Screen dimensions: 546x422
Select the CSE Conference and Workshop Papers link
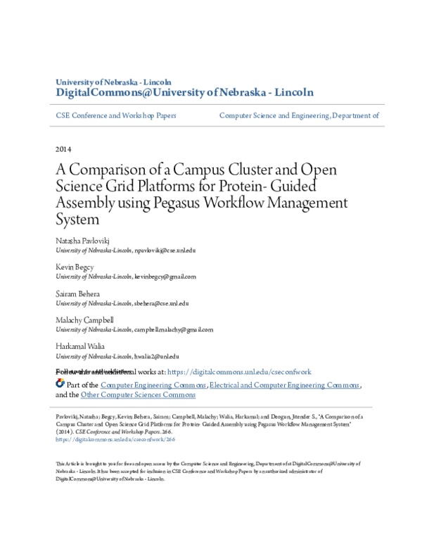116,115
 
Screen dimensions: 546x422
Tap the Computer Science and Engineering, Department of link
300,115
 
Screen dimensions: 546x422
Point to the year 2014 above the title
63,149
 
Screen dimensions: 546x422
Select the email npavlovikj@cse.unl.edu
165,250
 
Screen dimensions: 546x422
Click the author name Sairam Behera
77,293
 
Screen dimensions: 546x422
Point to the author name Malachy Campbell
84,320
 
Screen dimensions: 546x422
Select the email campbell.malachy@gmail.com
174,329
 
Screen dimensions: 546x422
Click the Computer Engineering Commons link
153,386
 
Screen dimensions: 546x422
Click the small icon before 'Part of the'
59,384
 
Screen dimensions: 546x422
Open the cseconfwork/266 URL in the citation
115,439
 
